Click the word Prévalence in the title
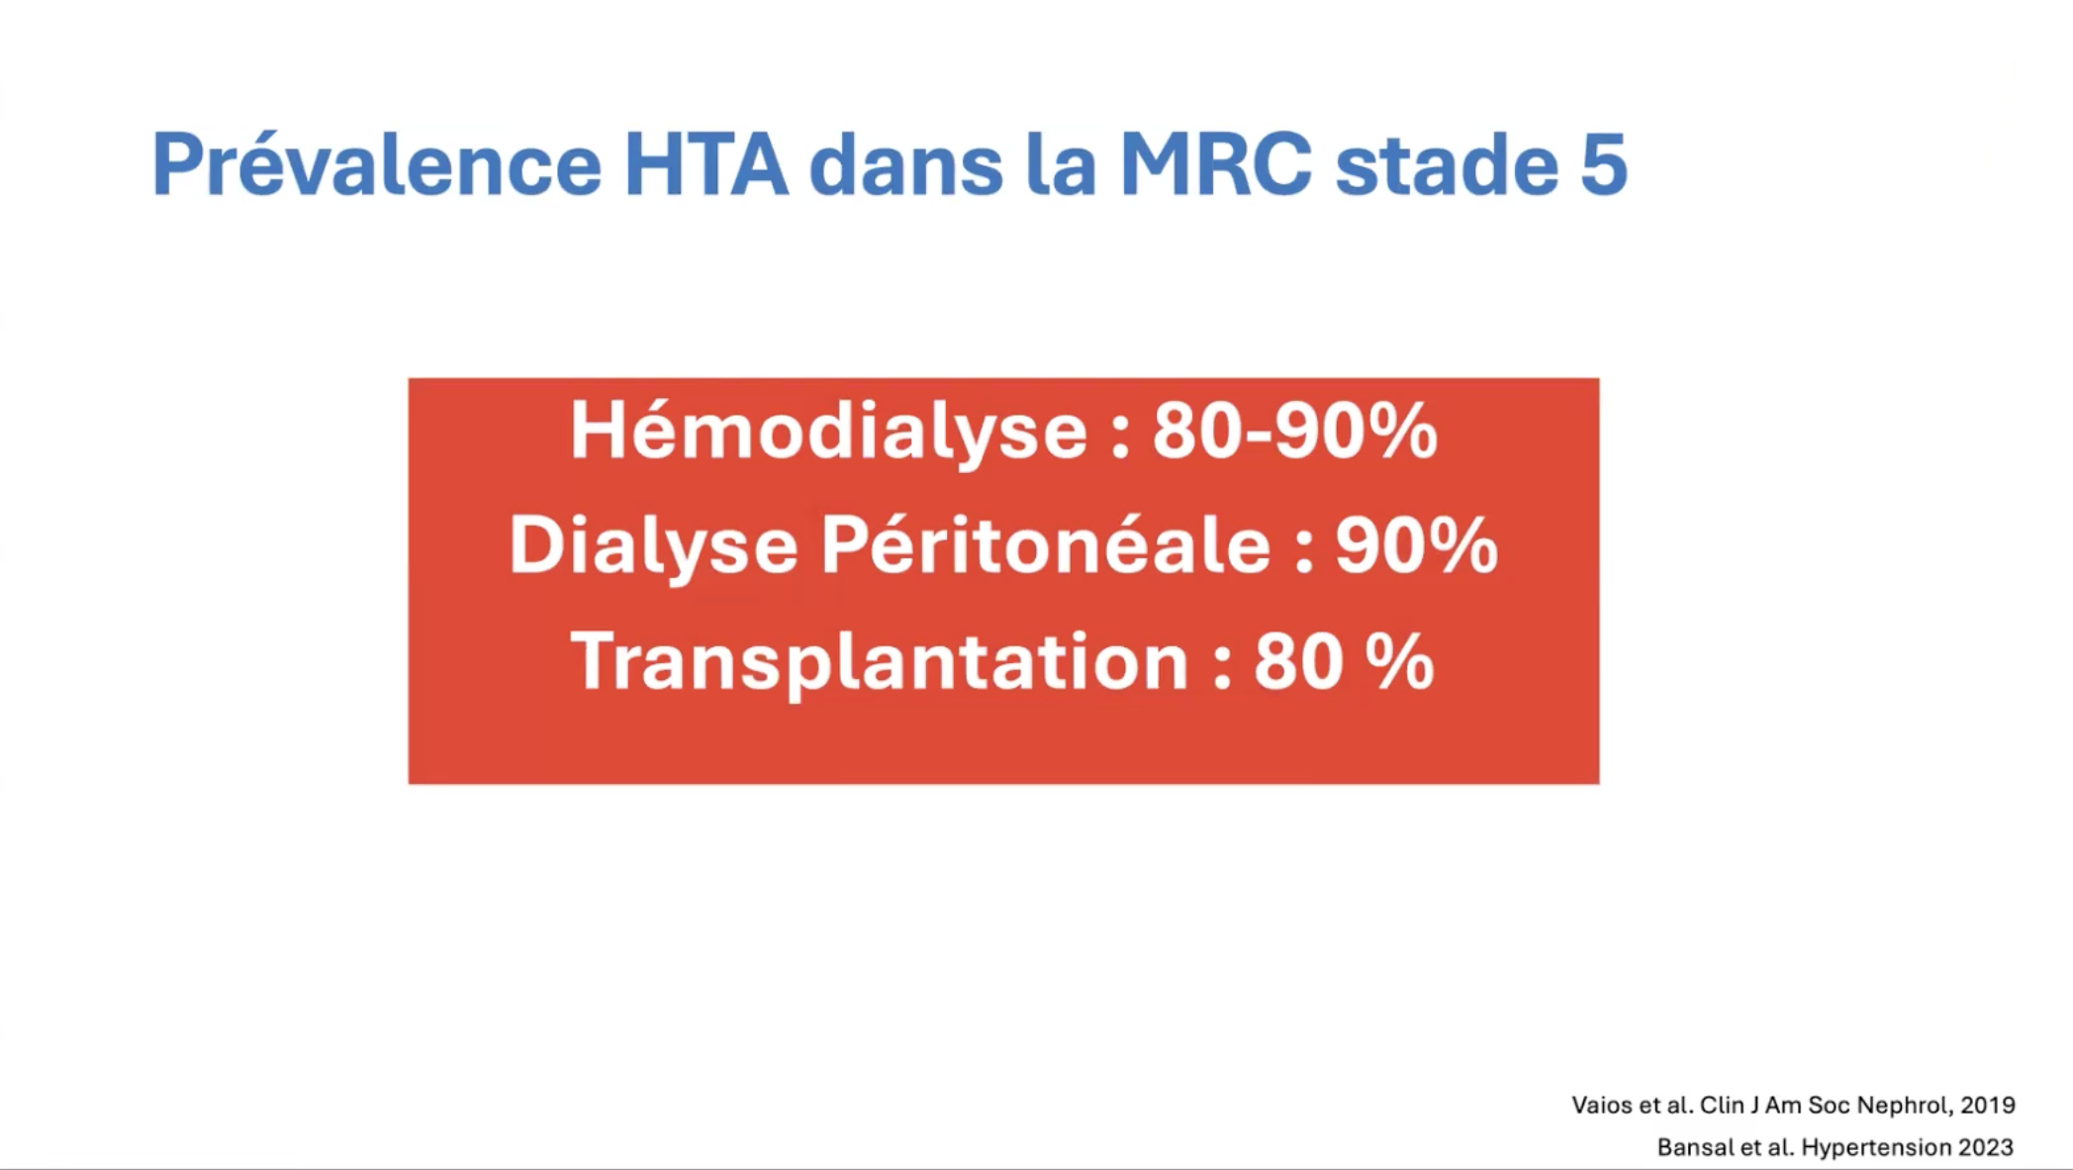click(x=377, y=163)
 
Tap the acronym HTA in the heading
click(x=707, y=163)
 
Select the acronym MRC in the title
click(x=1216, y=163)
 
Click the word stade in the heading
click(x=1446, y=163)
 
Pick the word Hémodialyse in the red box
click(x=829, y=431)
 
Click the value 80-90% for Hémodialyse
click(x=1294, y=431)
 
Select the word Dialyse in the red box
click(x=653, y=545)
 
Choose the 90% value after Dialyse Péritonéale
click(x=1417, y=545)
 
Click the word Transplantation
click(x=880, y=662)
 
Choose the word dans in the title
click(x=906, y=163)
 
